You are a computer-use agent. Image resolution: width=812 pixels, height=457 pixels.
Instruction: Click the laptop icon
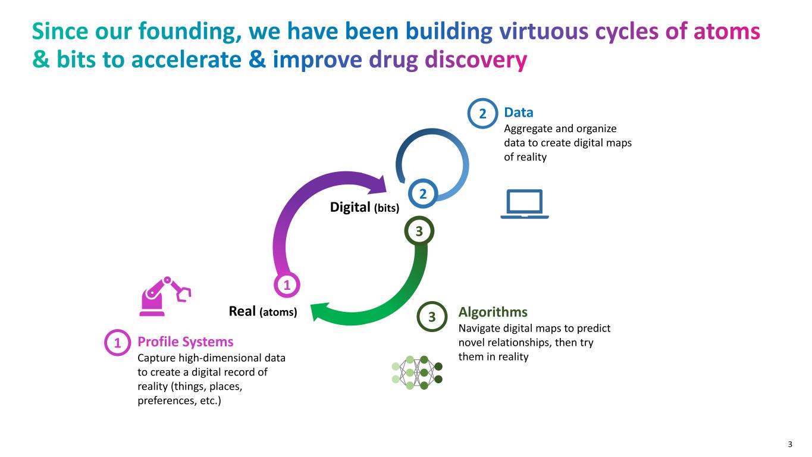click(524, 204)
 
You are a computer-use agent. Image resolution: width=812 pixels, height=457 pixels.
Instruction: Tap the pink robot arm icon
click(165, 296)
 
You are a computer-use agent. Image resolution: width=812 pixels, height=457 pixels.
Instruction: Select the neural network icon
click(417, 373)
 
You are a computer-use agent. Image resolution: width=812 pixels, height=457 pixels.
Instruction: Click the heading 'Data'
click(518, 112)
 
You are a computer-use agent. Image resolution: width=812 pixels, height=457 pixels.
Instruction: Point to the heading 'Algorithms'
click(493, 312)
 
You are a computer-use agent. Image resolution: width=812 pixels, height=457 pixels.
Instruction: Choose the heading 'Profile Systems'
click(185, 342)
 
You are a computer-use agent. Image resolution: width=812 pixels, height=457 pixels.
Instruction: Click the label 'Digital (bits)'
click(364, 207)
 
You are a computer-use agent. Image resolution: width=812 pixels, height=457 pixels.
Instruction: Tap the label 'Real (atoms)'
click(262, 311)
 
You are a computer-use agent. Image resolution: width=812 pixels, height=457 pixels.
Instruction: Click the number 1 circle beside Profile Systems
click(117, 342)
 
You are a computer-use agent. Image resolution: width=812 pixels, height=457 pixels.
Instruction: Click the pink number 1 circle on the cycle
click(287, 285)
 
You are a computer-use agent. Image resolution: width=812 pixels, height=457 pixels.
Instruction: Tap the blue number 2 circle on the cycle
click(422, 194)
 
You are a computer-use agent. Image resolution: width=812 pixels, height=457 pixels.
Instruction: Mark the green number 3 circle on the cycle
click(418, 231)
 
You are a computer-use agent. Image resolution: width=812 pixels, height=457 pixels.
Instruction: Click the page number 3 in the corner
click(790, 444)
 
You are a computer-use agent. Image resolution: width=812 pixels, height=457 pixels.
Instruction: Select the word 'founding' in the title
click(191, 31)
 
